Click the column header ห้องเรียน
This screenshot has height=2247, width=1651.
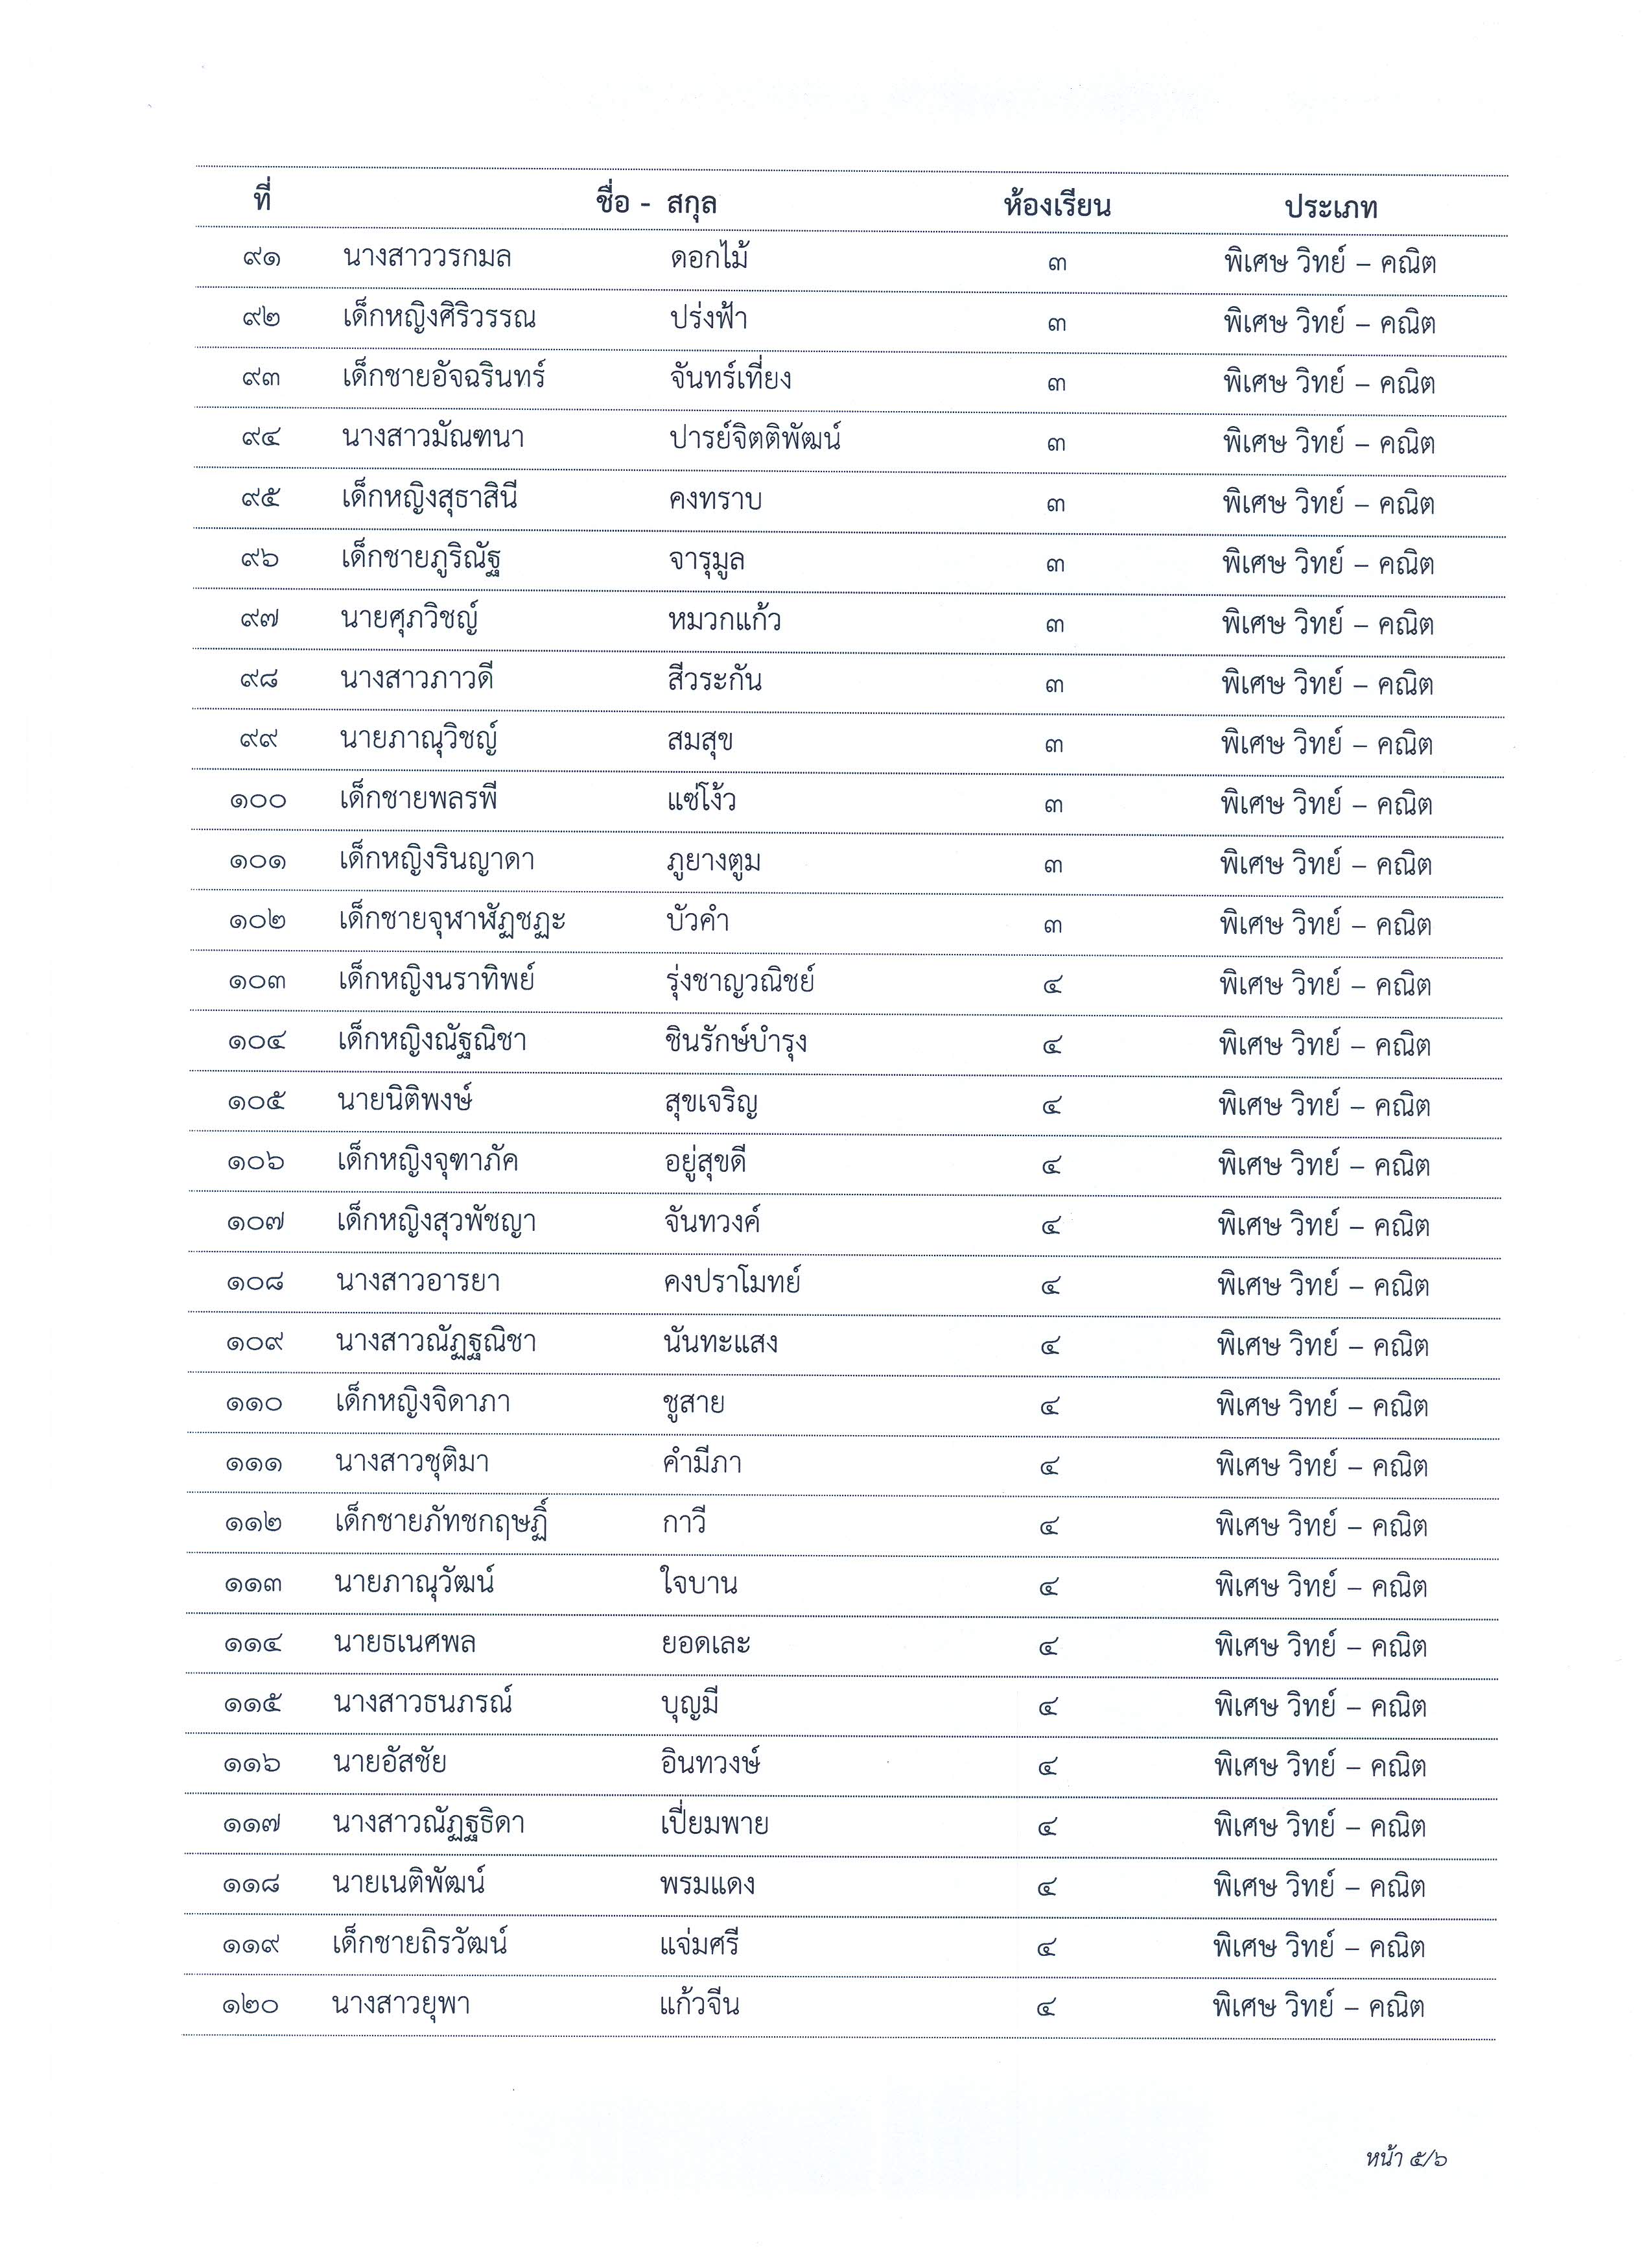tap(1057, 207)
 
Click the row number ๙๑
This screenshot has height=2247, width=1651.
tap(261, 258)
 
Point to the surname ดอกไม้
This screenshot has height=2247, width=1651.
tap(710, 259)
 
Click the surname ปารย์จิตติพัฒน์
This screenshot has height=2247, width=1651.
tap(755, 439)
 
